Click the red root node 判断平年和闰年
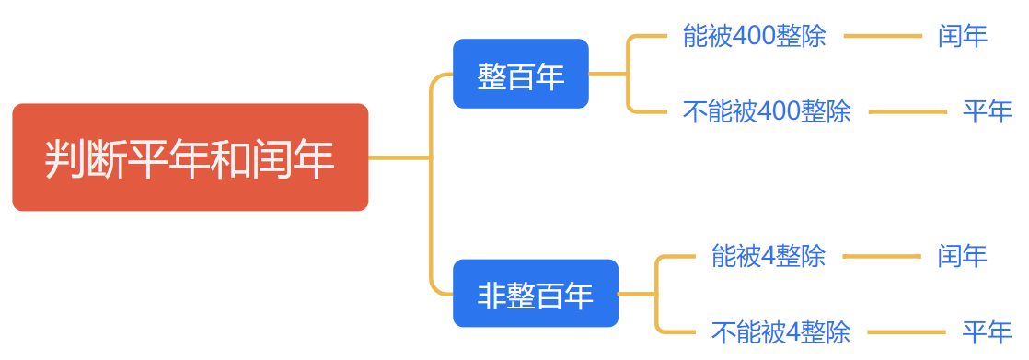190,157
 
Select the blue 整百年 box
520,75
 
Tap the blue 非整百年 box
535,294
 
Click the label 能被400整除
754,37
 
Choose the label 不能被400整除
767,112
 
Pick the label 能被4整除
768,256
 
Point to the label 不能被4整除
780,331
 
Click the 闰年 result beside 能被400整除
963,37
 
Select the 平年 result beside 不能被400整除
988,112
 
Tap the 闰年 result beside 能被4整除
963,256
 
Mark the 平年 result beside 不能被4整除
988,331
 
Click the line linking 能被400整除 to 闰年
882,37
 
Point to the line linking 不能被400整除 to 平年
907,112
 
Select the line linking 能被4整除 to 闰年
882,256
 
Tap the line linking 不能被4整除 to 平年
907,331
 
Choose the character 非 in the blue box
491,295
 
